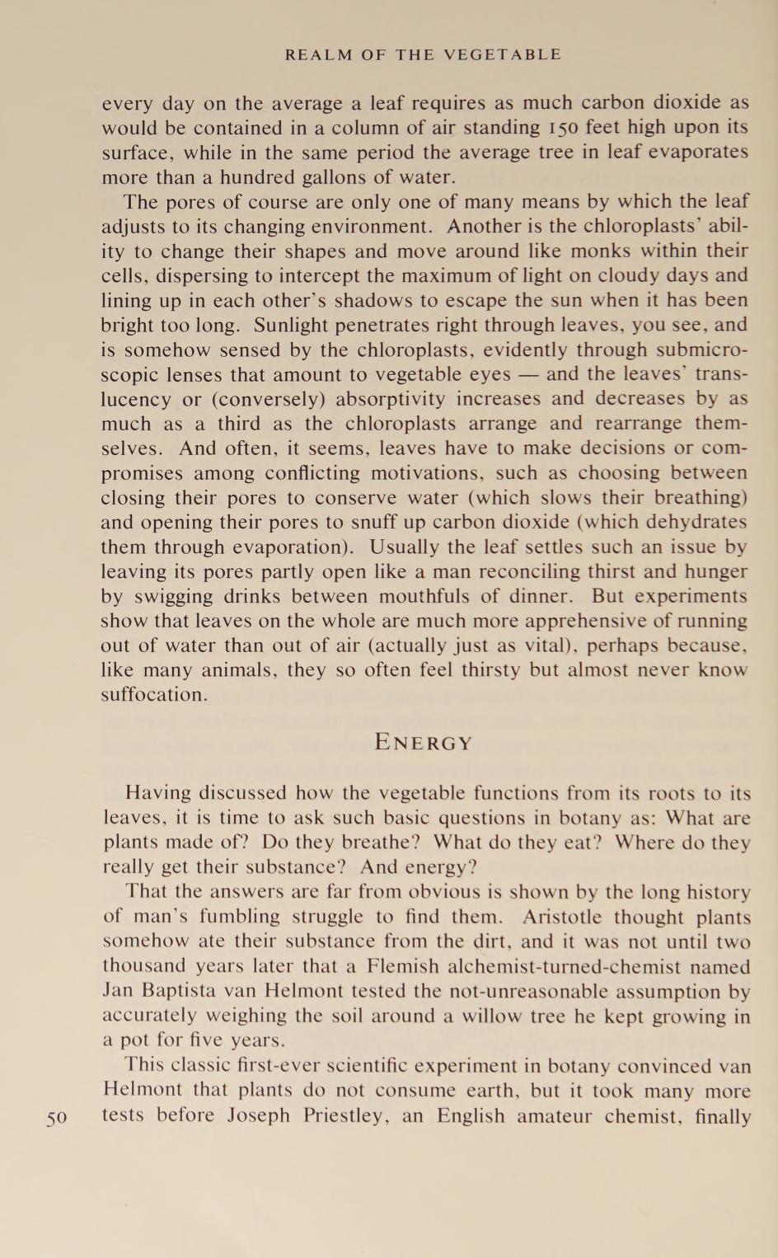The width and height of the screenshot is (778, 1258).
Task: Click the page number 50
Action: point(56,1119)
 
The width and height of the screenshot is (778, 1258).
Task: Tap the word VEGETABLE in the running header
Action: point(502,55)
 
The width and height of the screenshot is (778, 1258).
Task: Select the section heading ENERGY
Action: point(424,743)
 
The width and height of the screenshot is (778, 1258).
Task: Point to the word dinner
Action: point(542,596)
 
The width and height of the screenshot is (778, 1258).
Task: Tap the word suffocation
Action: point(154,695)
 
